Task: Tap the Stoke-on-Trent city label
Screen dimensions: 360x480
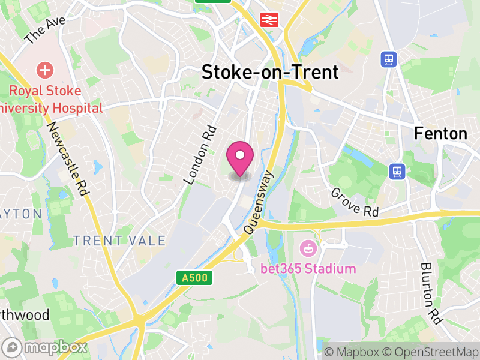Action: coord(270,73)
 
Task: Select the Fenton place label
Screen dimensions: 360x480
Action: coord(440,133)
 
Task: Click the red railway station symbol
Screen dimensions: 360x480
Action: coord(268,20)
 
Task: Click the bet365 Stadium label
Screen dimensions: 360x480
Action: coord(308,268)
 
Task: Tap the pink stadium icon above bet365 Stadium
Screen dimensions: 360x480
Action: coord(308,247)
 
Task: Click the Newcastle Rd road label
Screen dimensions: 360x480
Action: coord(67,158)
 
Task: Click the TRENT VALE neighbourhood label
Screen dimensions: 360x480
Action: coord(119,241)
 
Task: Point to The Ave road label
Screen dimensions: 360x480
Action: coord(44,30)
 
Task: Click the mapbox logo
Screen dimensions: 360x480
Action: coord(46,347)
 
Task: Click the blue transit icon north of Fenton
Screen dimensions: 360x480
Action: coord(388,59)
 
